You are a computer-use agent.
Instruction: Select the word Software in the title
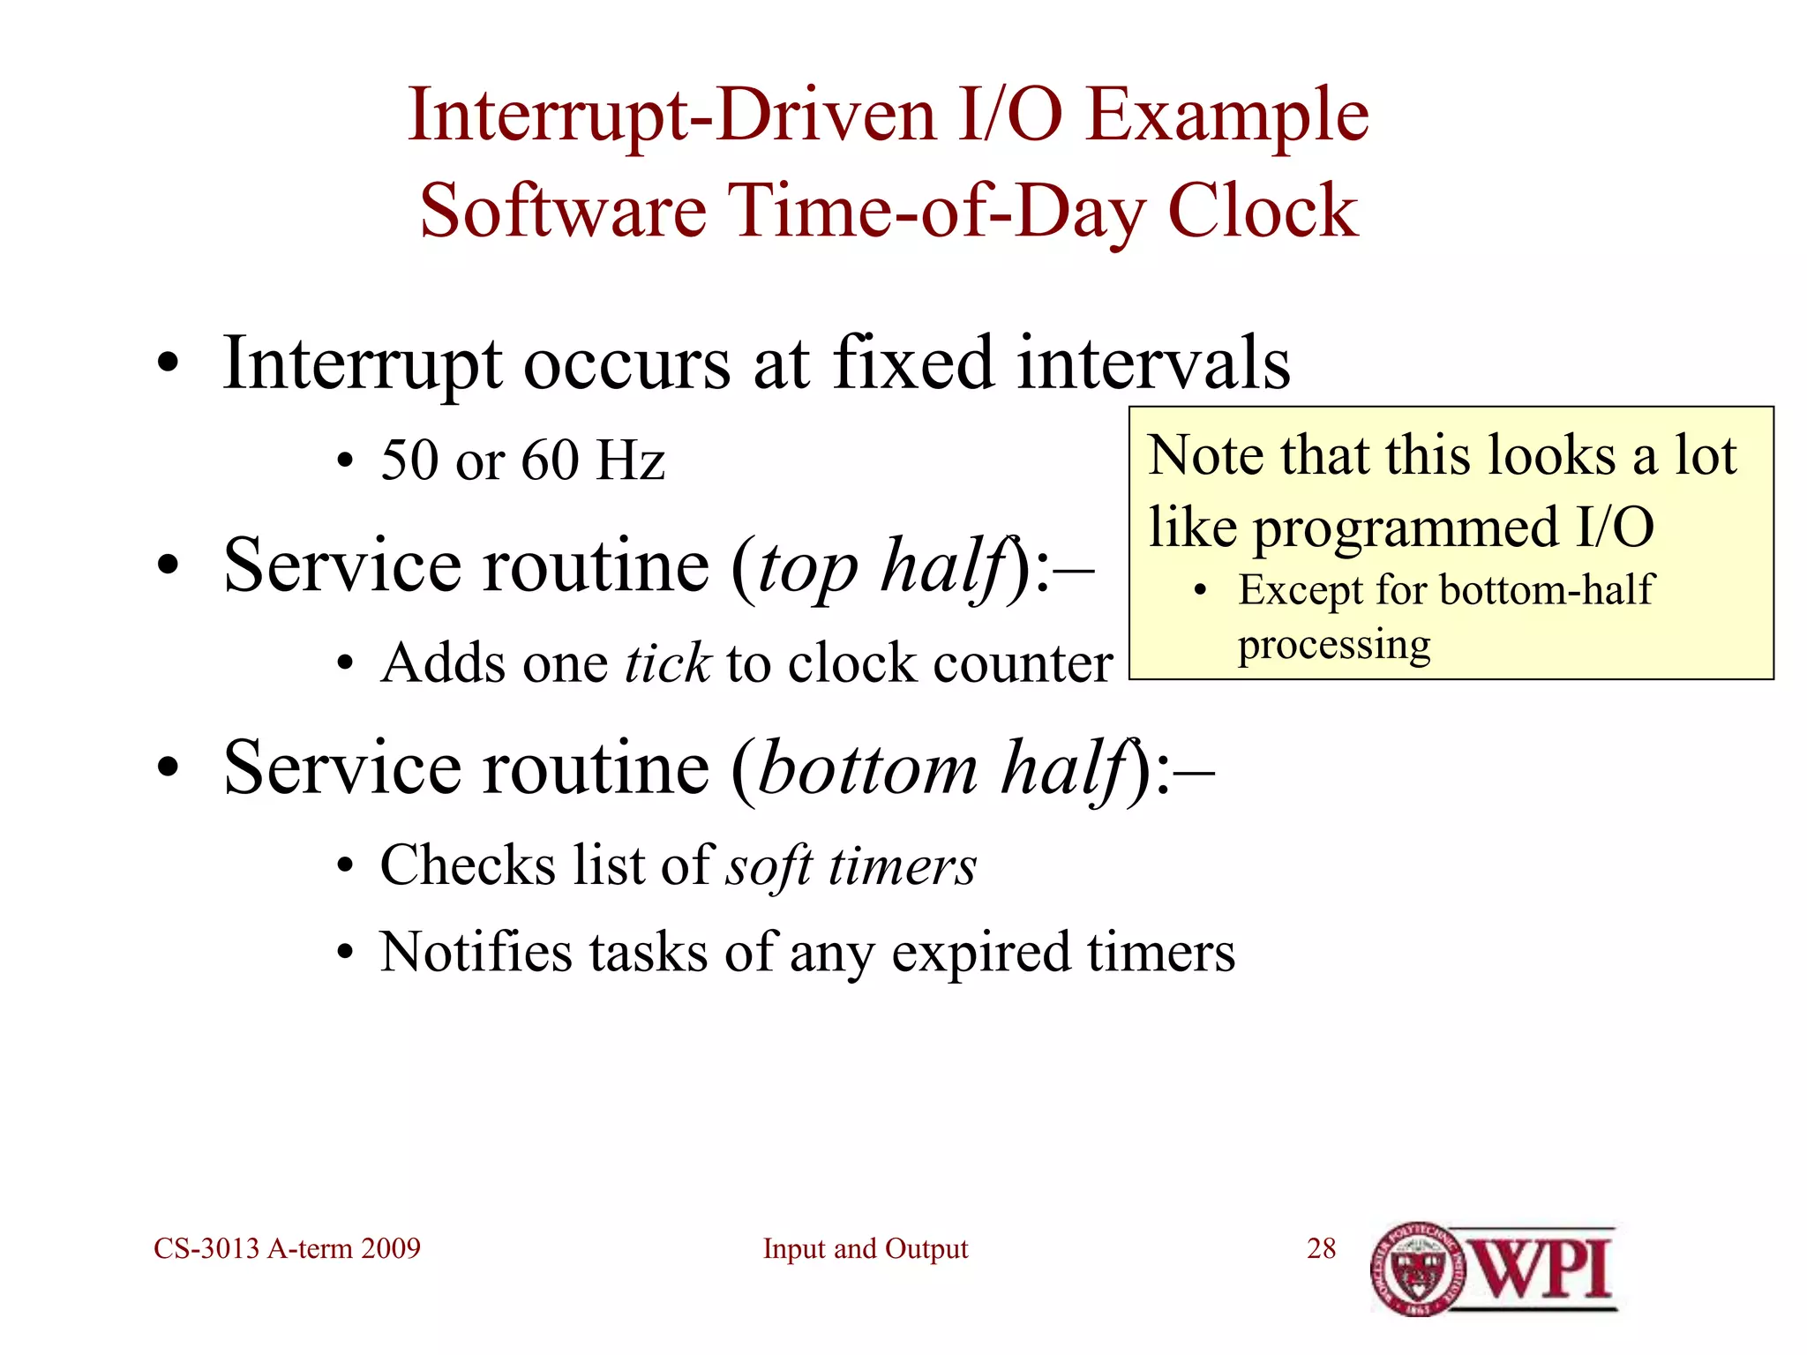coord(563,212)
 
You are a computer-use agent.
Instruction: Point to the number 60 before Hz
coord(550,460)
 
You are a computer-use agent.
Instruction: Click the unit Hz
coord(630,460)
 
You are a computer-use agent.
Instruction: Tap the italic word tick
coord(667,663)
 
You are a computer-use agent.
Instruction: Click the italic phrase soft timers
coord(851,865)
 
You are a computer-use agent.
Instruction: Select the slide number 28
coord(1321,1248)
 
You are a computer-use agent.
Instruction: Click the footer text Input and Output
coord(865,1248)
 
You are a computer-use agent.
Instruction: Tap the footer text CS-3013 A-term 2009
coord(287,1248)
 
